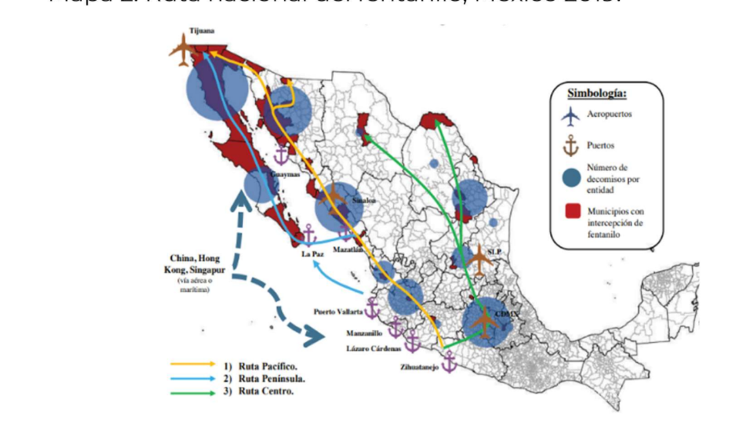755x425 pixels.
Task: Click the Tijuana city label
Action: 201,30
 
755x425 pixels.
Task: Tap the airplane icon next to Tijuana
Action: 182,50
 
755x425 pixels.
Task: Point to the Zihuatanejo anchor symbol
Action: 449,361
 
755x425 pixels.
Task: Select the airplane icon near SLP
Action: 480,260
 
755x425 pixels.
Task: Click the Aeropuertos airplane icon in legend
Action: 571,115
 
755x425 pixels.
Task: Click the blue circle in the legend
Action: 571,178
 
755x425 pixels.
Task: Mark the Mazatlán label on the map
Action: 347,250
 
